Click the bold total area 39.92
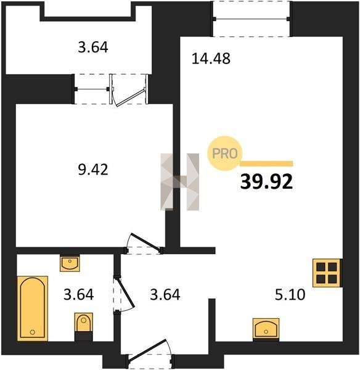pyautogui.click(x=266, y=182)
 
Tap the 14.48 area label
pyautogui.click(x=211, y=59)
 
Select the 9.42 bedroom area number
pyautogui.click(x=93, y=170)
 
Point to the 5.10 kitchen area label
pyautogui.click(x=290, y=295)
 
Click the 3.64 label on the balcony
pyautogui.click(x=93, y=47)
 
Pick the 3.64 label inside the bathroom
pyautogui.click(x=78, y=295)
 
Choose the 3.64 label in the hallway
pyautogui.click(x=165, y=295)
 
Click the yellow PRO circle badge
pyautogui.click(x=225, y=154)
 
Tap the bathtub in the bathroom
pyautogui.click(x=33, y=308)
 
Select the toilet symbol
pyautogui.click(x=83, y=326)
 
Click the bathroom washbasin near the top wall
pyautogui.click(x=70, y=263)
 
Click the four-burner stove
pyautogui.click(x=327, y=273)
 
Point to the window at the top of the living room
pyautogui.click(x=252, y=19)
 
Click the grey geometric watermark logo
pyautogui.click(x=180, y=182)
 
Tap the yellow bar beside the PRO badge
pyautogui.click(x=266, y=164)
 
